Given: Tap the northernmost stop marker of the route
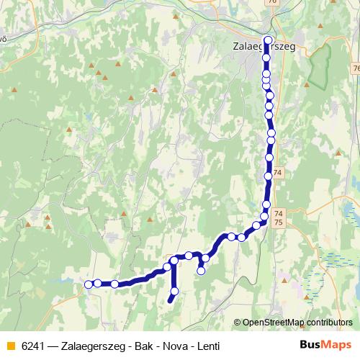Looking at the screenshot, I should (x=269, y=40).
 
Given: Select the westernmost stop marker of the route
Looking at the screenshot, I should (x=89, y=284).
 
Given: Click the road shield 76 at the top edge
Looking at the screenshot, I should (x=271, y=2).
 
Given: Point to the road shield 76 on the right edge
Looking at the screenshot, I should (x=356, y=68).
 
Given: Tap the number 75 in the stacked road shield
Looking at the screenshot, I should (x=279, y=223).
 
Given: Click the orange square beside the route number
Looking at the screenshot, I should (x=10, y=346).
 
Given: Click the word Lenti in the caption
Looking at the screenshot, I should (x=204, y=346).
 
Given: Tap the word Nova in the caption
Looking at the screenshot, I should (x=170, y=346).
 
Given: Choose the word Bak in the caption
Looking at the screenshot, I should (x=138, y=346).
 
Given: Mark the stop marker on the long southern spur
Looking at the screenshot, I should (x=174, y=291).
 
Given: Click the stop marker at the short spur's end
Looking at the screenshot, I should (x=202, y=271).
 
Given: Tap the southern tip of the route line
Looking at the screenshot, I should (x=170, y=301).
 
